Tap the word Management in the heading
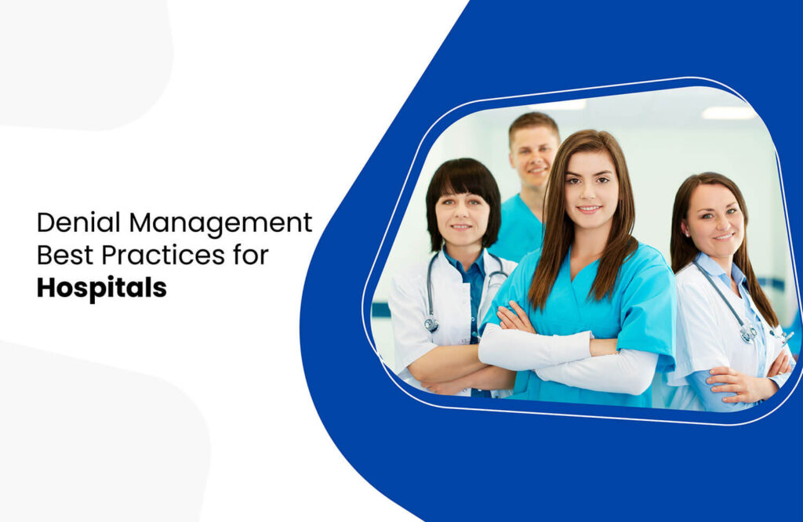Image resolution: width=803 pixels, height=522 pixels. pyautogui.click(x=221, y=223)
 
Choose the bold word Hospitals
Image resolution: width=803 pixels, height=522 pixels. pyautogui.click(x=101, y=287)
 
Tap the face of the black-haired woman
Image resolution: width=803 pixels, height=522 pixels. pyautogui.click(x=462, y=216)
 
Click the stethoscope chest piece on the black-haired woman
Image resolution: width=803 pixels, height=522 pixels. pyautogui.click(x=431, y=323)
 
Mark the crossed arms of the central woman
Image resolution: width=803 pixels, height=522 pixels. pyautogui.click(x=565, y=349)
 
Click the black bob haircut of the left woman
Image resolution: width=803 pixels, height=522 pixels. pyautogui.click(x=463, y=180)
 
